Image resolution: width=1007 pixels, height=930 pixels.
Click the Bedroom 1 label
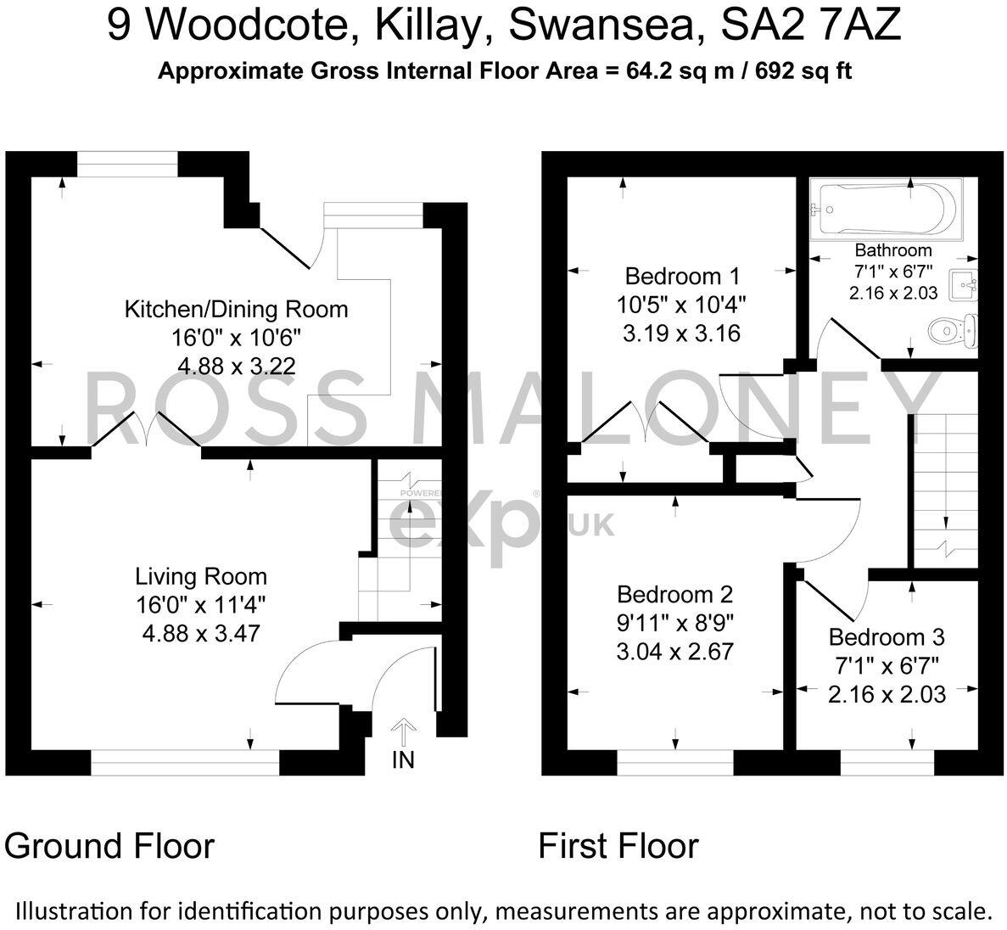click(682, 276)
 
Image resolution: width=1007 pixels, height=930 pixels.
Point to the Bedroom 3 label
click(887, 636)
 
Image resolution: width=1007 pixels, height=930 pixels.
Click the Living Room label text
click(201, 577)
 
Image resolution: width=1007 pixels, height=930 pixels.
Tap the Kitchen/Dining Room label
click(236, 309)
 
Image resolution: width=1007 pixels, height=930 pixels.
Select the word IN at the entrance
click(404, 759)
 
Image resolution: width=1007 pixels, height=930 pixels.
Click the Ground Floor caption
click(109, 846)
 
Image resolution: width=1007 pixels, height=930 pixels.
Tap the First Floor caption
click(618, 846)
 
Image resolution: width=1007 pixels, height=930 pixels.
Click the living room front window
click(184, 766)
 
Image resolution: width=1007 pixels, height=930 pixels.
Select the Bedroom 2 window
click(675, 766)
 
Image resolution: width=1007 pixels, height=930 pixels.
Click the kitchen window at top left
click(127, 163)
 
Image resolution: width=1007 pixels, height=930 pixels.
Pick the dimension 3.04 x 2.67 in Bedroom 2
click(676, 652)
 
